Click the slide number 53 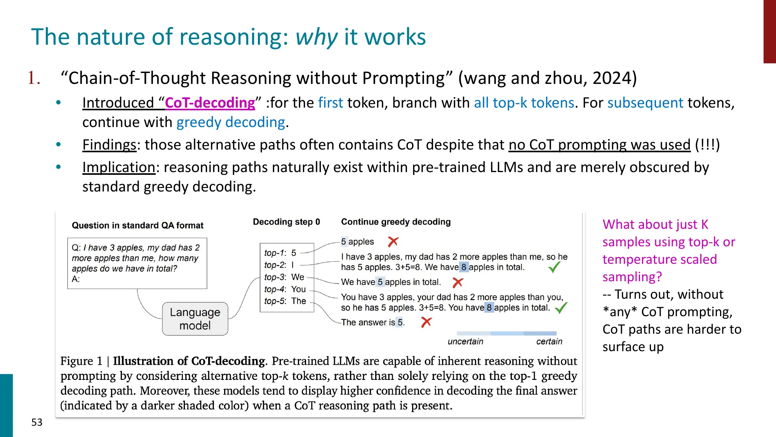coord(37,422)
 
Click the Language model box coord(195,319)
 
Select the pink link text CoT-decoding coord(210,103)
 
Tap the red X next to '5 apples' coord(393,242)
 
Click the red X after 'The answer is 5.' coord(426,322)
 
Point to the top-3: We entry coord(284,277)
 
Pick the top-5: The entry coord(285,301)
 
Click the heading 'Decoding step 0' coord(286,222)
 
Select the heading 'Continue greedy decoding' coord(396,222)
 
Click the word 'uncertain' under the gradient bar coord(465,341)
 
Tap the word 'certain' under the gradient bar coord(549,341)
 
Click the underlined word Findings coord(109,145)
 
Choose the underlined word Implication coord(118,167)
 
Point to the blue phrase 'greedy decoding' coord(231,122)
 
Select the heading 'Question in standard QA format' coord(137,225)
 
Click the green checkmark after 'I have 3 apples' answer coord(554,267)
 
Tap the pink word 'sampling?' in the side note coord(632,277)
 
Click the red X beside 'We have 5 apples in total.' coord(458,282)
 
